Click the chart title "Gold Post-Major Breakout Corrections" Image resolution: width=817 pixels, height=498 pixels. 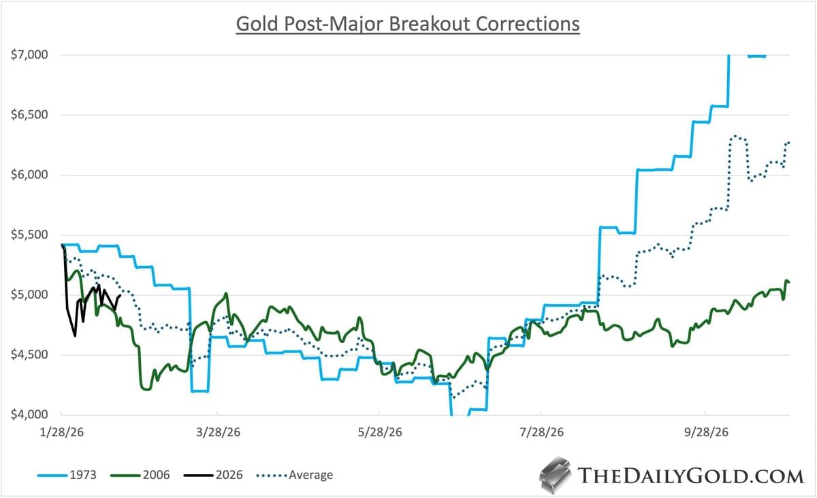[x=407, y=24]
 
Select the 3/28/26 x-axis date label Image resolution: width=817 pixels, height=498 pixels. [x=217, y=432]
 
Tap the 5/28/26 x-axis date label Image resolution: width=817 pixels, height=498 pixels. [x=379, y=432]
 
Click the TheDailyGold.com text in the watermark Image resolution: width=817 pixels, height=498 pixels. [x=690, y=475]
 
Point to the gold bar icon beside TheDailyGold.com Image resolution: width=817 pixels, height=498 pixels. [x=555, y=473]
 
